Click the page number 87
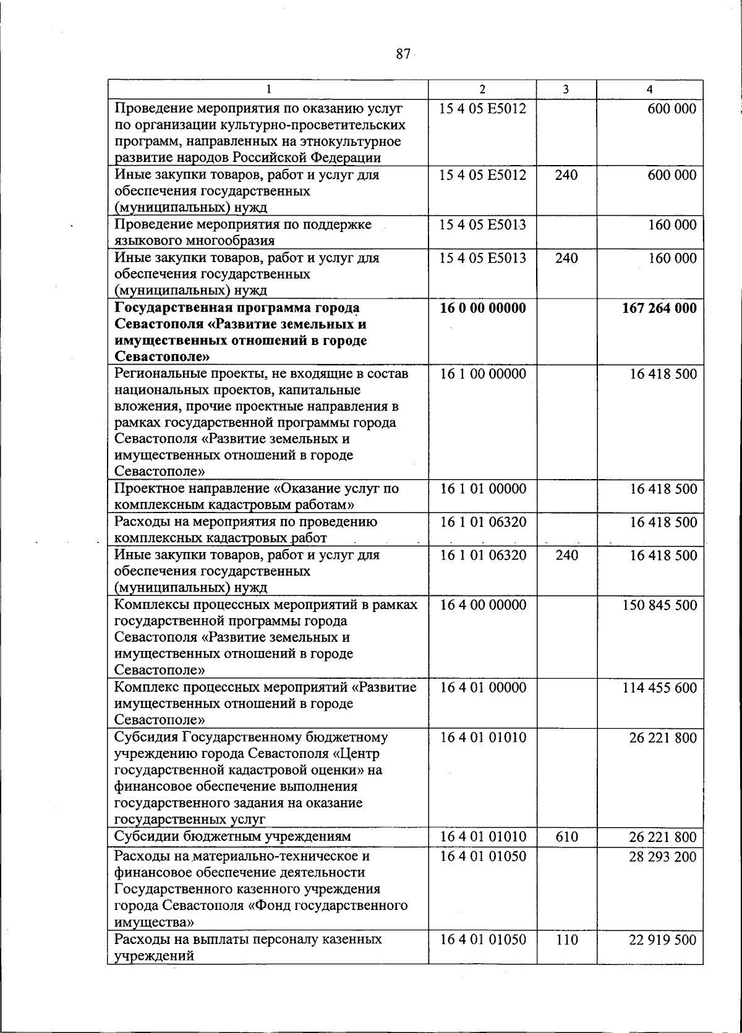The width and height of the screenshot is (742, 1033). pyautogui.click(x=403, y=54)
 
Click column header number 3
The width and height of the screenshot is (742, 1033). pyautogui.click(x=566, y=90)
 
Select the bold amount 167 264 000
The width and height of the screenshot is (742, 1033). pyautogui.click(x=659, y=308)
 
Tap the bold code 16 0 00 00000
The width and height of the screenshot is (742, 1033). pyautogui.click(x=482, y=308)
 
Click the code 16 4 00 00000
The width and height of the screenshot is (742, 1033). pyautogui.click(x=483, y=605)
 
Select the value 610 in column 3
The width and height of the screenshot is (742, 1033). pyautogui.click(x=566, y=837)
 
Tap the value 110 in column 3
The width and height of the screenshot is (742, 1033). pyautogui.click(x=566, y=940)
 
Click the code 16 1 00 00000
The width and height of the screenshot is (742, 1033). pyautogui.click(x=483, y=373)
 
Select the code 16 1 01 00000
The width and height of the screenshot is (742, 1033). pyautogui.click(x=483, y=489)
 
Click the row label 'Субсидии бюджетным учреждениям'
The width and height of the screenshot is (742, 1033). pyautogui.click(x=233, y=837)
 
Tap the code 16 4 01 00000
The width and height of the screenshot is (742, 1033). pyautogui.click(x=483, y=687)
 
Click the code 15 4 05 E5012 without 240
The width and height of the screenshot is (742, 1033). pyautogui.click(x=483, y=109)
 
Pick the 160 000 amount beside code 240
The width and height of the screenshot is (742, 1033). pyautogui.click(x=672, y=258)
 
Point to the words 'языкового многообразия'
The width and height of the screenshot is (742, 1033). pyautogui.click(x=195, y=240)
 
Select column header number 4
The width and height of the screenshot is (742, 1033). pyautogui.click(x=649, y=90)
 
